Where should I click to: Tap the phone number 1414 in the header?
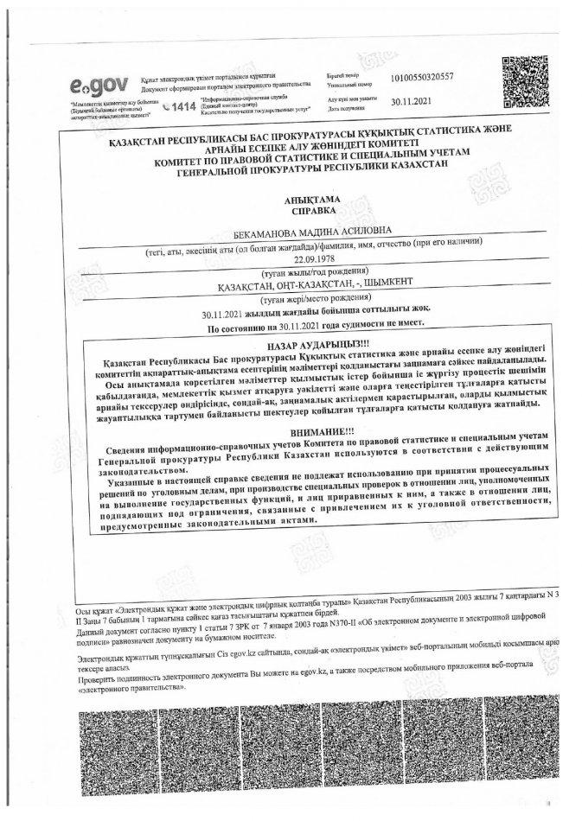[x=179, y=106]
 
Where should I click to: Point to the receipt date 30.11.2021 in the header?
[x=409, y=102]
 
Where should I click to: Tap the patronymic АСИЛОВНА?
[x=361, y=231]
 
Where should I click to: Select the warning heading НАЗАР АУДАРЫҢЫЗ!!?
[x=312, y=344]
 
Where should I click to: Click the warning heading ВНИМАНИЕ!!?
[x=312, y=430]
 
